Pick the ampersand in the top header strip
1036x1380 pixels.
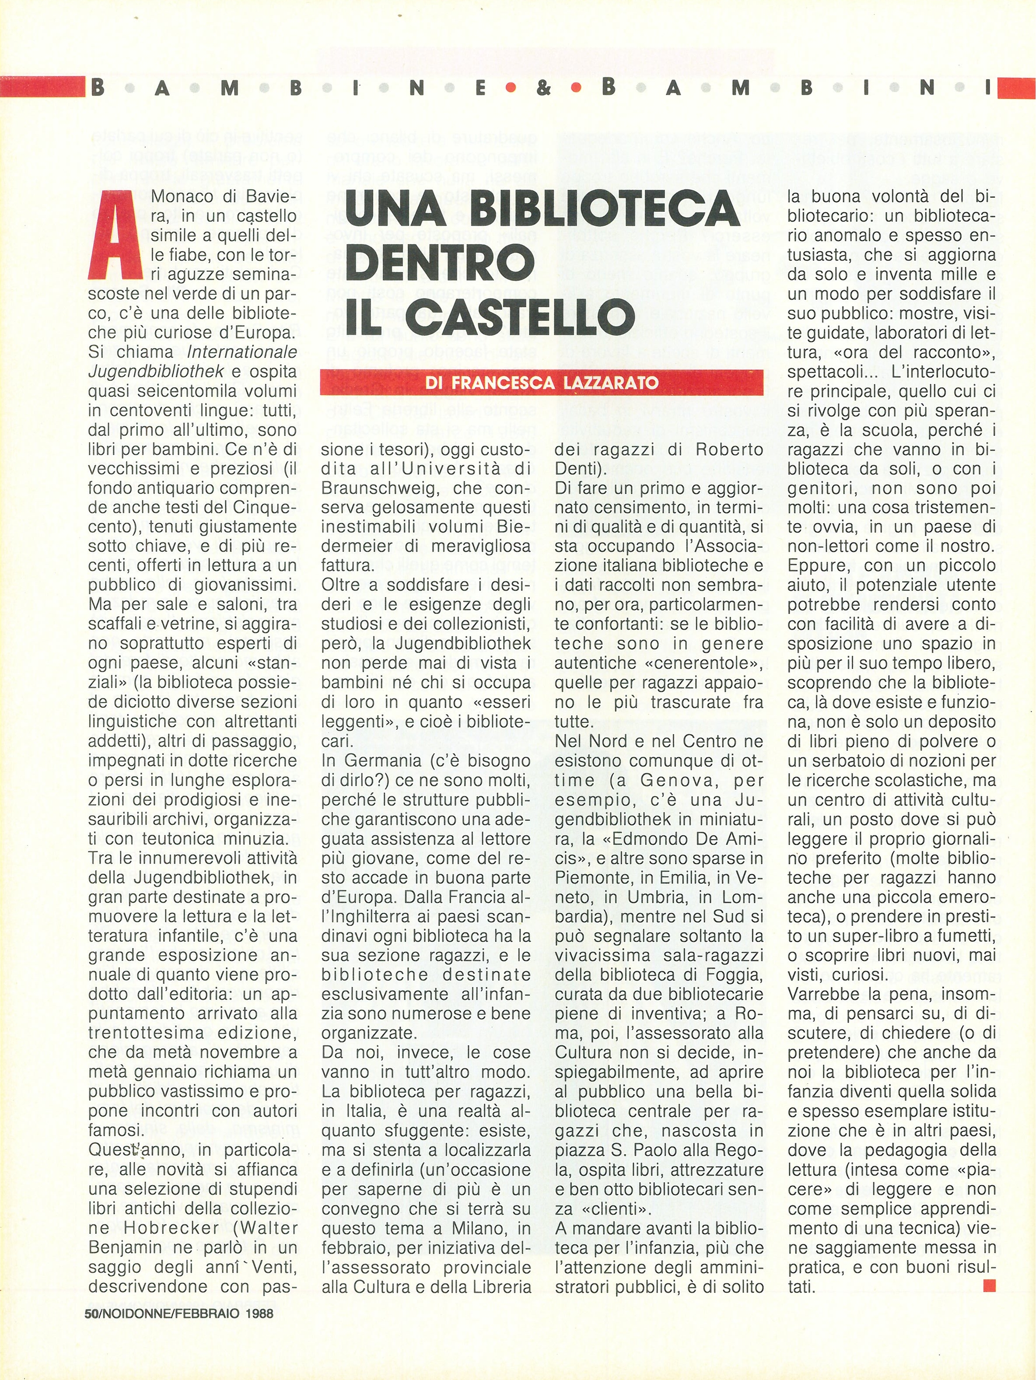[x=544, y=88]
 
